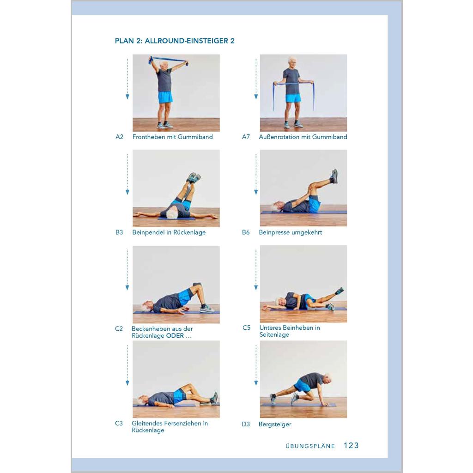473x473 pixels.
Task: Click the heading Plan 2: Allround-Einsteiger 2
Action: tap(175, 41)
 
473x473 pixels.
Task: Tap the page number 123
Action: tap(351, 446)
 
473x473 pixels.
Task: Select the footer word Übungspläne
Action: tap(310, 446)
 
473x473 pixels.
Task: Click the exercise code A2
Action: tap(120, 137)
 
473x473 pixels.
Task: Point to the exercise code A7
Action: tap(246, 137)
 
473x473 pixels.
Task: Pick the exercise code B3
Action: tap(119, 232)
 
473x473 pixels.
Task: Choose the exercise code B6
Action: tap(246, 232)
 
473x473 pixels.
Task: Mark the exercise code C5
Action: tap(247, 327)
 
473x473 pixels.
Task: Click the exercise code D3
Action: tap(246, 424)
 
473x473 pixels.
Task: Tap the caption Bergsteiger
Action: tap(275, 424)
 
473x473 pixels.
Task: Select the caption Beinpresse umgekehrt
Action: tap(291, 233)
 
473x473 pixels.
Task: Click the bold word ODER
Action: tap(175, 336)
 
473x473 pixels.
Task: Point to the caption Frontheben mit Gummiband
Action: tap(173, 137)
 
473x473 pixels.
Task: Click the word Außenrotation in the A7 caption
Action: tap(284, 137)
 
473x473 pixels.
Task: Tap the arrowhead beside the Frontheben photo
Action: tap(127, 97)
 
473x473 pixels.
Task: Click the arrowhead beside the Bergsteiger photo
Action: tap(256, 383)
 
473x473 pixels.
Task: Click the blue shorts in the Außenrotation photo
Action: tap(293, 98)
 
